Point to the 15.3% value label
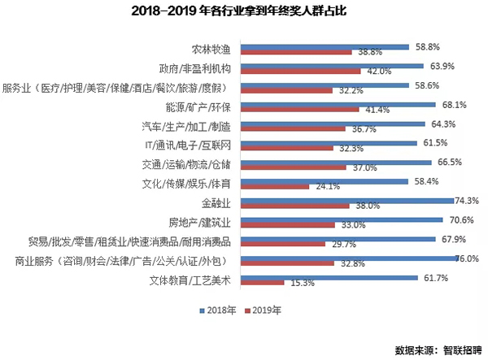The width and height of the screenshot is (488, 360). [296, 282]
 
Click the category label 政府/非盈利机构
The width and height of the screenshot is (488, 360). [194, 68]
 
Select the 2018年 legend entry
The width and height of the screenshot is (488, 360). [214, 310]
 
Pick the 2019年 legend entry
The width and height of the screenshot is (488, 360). [262, 310]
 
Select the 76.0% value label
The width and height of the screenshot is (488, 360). [467, 259]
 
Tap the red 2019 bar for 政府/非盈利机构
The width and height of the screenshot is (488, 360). [294, 72]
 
